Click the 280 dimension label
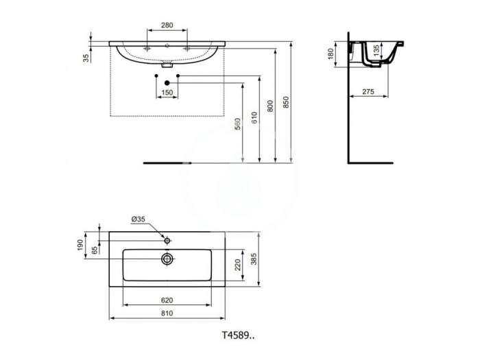pos(167,25)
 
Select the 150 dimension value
pos(167,91)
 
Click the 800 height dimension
pos(271,105)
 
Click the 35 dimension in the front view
pos(86,58)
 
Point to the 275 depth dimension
pos(368,91)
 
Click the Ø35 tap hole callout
pos(139,219)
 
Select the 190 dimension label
pos(80,245)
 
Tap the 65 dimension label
pos(94,250)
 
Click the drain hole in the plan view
pos(167,259)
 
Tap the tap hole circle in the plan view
pos(167,240)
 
